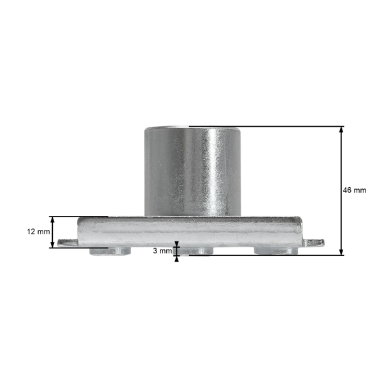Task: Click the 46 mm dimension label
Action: [355, 190]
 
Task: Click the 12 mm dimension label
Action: [38, 232]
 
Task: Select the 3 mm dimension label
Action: [162, 251]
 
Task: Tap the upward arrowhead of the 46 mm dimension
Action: [341, 130]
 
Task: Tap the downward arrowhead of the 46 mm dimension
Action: [341, 252]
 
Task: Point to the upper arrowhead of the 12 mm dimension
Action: [52, 220]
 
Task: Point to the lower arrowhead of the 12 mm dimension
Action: [52, 244]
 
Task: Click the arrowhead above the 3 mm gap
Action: [176, 244]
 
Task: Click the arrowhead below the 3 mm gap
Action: [176, 258]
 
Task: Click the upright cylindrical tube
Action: [192, 171]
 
